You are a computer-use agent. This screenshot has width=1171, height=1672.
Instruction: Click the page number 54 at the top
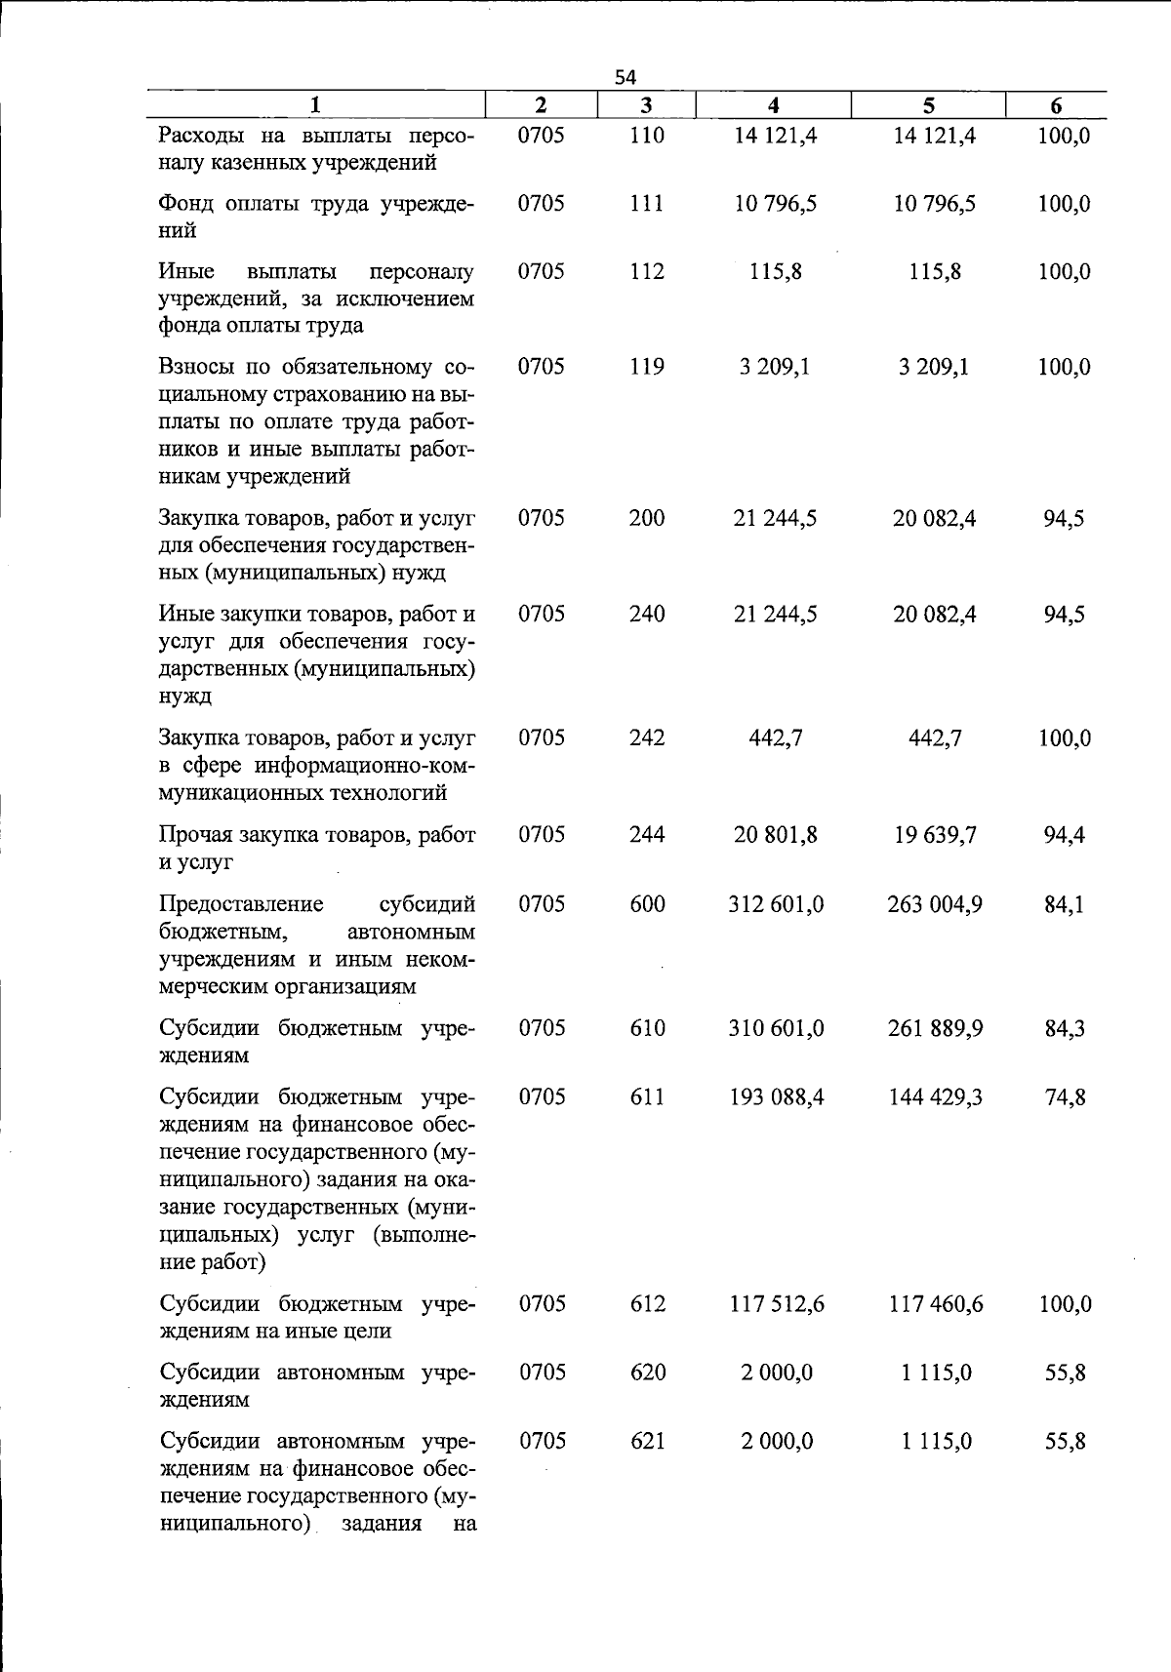(x=626, y=77)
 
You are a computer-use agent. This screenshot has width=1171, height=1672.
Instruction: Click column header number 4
(x=773, y=105)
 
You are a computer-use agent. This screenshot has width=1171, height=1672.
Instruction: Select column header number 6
(x=1056, y=106)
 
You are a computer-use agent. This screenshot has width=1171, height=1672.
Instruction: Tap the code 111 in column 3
(x=646, y=204)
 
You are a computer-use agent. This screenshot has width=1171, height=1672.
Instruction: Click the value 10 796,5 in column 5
(x=934, y=204)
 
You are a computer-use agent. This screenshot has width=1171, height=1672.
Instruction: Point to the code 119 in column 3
(x=646, y=367)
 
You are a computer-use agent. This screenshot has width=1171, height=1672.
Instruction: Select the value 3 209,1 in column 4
(x=775, y=367)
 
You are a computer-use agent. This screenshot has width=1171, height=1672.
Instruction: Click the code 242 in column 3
(x=646, y=738)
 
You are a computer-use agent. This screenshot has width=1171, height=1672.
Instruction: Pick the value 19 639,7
(x=934, y=835)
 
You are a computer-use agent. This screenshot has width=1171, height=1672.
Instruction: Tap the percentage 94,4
(x=1064, y=835)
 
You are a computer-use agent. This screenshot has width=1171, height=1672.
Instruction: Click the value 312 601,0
(x=776, y=904)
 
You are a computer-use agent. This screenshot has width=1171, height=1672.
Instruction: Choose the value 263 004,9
(x=934, y=904)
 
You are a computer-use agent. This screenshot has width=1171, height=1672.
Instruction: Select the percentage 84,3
(x=1065, y=1028)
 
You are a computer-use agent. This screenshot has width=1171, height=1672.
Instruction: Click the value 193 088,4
(x=776, y=1097)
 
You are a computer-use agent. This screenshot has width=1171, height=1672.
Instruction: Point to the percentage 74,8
(x=1065, y=1097)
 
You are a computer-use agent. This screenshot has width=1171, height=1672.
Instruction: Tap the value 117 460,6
(x=935, y=1304)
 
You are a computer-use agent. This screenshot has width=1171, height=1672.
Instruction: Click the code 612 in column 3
(x=647, y=1304)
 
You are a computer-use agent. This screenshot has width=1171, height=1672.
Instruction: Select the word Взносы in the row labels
(x=194, y=368)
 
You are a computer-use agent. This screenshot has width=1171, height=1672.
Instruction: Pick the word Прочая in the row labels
(x=195, y=835)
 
